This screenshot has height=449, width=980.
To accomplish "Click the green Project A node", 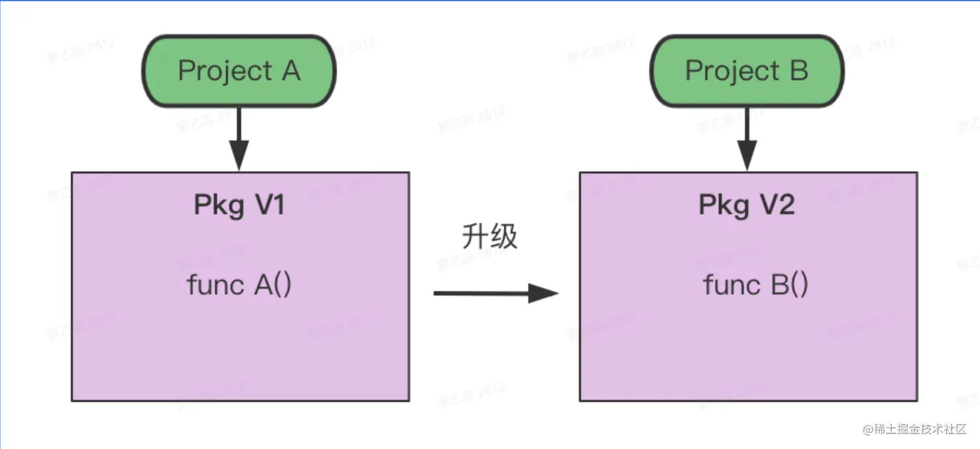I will [x=239, y=71].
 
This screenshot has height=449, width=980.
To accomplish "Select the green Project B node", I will [x=747, y=71].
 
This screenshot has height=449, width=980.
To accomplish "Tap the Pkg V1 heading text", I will [x=239, y=205].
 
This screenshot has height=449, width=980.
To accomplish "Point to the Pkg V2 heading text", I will [x=747, y=205].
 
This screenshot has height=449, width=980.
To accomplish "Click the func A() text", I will [x=239, y=285].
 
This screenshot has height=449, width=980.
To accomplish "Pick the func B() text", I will [x=755, y=285].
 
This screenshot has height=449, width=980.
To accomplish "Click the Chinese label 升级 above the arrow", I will [x=489, y=237].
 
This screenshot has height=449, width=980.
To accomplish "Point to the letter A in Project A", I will [x=290, y=71].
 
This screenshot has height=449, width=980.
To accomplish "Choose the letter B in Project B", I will [x=799, y=71].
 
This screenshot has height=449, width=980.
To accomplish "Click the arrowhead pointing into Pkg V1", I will [x=239, y=159].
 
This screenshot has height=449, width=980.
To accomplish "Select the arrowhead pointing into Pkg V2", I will [x=747, y=159].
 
